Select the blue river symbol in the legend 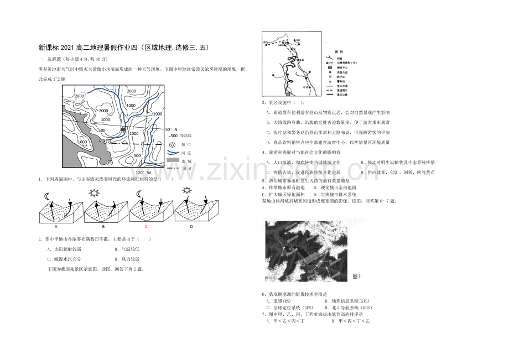tap(173, 152)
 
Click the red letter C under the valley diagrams tap(146, 226)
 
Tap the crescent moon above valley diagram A tap(47, 195)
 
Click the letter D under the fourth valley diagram tap(191, 226)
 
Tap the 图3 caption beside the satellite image tap(356, 276)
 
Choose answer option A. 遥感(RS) tap(282, 301)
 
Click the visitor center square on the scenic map tap(288, 94)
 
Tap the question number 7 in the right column tap(263, 314)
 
